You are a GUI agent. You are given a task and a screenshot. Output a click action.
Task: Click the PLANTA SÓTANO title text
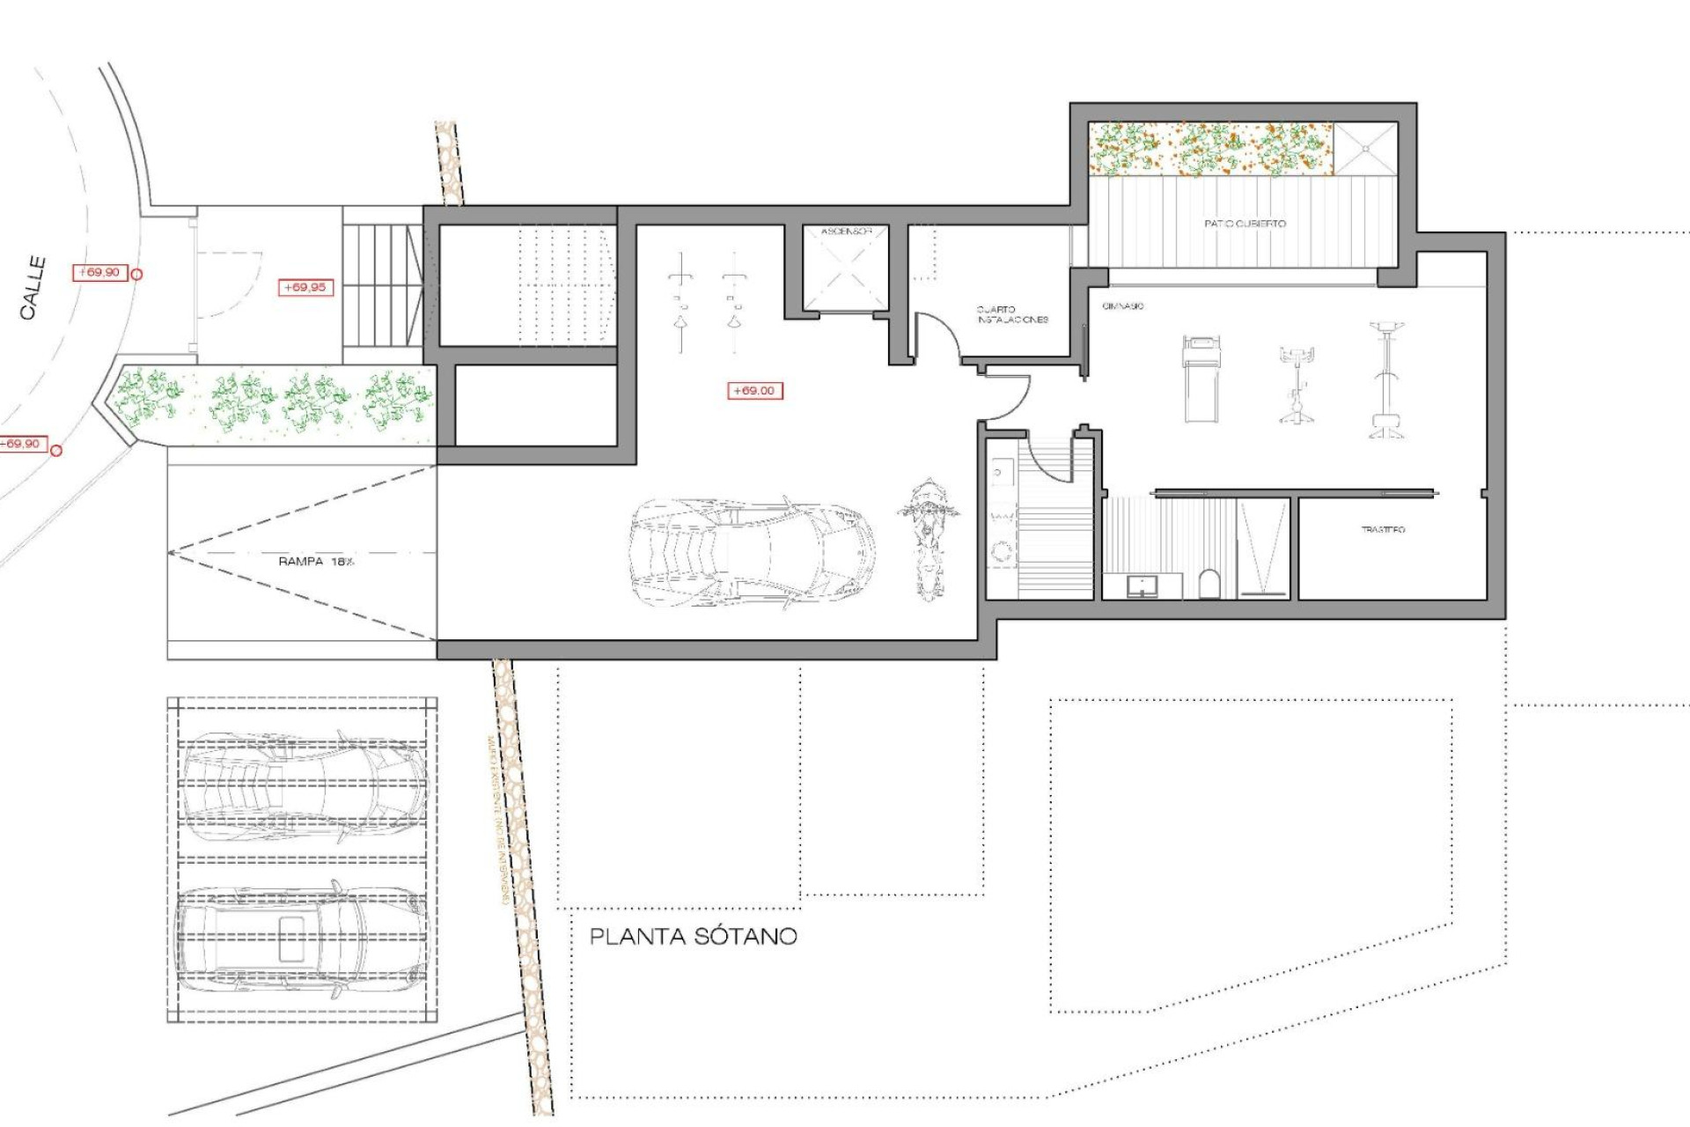coord(693,936)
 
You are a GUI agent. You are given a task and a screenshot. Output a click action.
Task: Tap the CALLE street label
coord(33,288)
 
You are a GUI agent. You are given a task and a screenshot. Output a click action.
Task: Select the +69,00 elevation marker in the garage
coord(754,390)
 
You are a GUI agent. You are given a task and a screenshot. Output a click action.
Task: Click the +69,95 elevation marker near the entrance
coord(305,287)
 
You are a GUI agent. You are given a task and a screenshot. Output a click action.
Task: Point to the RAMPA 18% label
coord(316,561)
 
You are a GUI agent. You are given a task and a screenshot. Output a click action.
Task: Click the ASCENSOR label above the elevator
coord(846,232)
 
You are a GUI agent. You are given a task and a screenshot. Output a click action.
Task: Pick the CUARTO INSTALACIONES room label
coord(1011,314)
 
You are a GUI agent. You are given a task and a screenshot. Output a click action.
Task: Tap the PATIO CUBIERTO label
coord(1245,224)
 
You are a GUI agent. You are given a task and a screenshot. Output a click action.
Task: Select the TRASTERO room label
coord(1383,529)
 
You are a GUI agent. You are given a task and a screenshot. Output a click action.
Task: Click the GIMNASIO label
coord(1123,306)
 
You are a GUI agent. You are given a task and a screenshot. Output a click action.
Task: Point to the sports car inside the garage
coord(753,552)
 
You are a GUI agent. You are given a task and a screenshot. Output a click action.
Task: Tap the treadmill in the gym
coord(1201,377)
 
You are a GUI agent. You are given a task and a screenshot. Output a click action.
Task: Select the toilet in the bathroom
coord(1210,584)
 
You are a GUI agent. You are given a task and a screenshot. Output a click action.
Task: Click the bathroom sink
coord(1142,585)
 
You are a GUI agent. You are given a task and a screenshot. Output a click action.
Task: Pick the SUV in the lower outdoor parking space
coord(302,939)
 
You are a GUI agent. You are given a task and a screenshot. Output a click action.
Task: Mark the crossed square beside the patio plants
coord(1365,149)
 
